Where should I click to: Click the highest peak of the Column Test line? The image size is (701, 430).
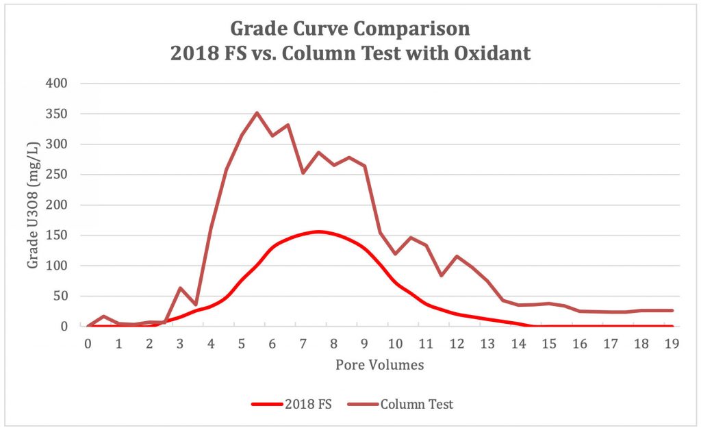coord(257,113)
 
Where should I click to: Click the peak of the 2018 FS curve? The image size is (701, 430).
coord(318,231)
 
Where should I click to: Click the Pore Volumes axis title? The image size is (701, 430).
coord(379,365)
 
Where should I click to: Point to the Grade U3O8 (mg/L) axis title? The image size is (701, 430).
coord(32,205)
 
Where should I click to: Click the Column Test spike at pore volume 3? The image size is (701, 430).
coord(180,288)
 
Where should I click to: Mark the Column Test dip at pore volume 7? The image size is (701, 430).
coord(303,173)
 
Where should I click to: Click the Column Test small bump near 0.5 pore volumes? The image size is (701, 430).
coord(103,316)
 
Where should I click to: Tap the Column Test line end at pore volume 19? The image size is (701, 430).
coord(672,310)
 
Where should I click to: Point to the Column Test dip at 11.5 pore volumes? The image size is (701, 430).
coord(442,275)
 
